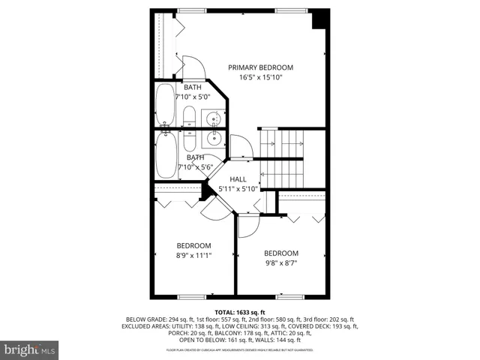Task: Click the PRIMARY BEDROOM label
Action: click(x=260, y=67)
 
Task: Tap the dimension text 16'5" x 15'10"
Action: click(x=260, y=77)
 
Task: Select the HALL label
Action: click(x=238, y=178)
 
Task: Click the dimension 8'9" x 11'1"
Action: click(x=193, y=255)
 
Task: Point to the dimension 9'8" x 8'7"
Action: click(x=280, y=263)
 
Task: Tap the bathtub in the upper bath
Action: click(x=164, y=105)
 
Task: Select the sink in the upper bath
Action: click(x=214, y=118)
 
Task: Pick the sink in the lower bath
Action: click(x=214, y=136)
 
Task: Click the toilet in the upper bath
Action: click(x=189, y=117)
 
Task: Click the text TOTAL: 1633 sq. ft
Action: click(x=239, y=311)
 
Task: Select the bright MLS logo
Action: click(x=29, y=349)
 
